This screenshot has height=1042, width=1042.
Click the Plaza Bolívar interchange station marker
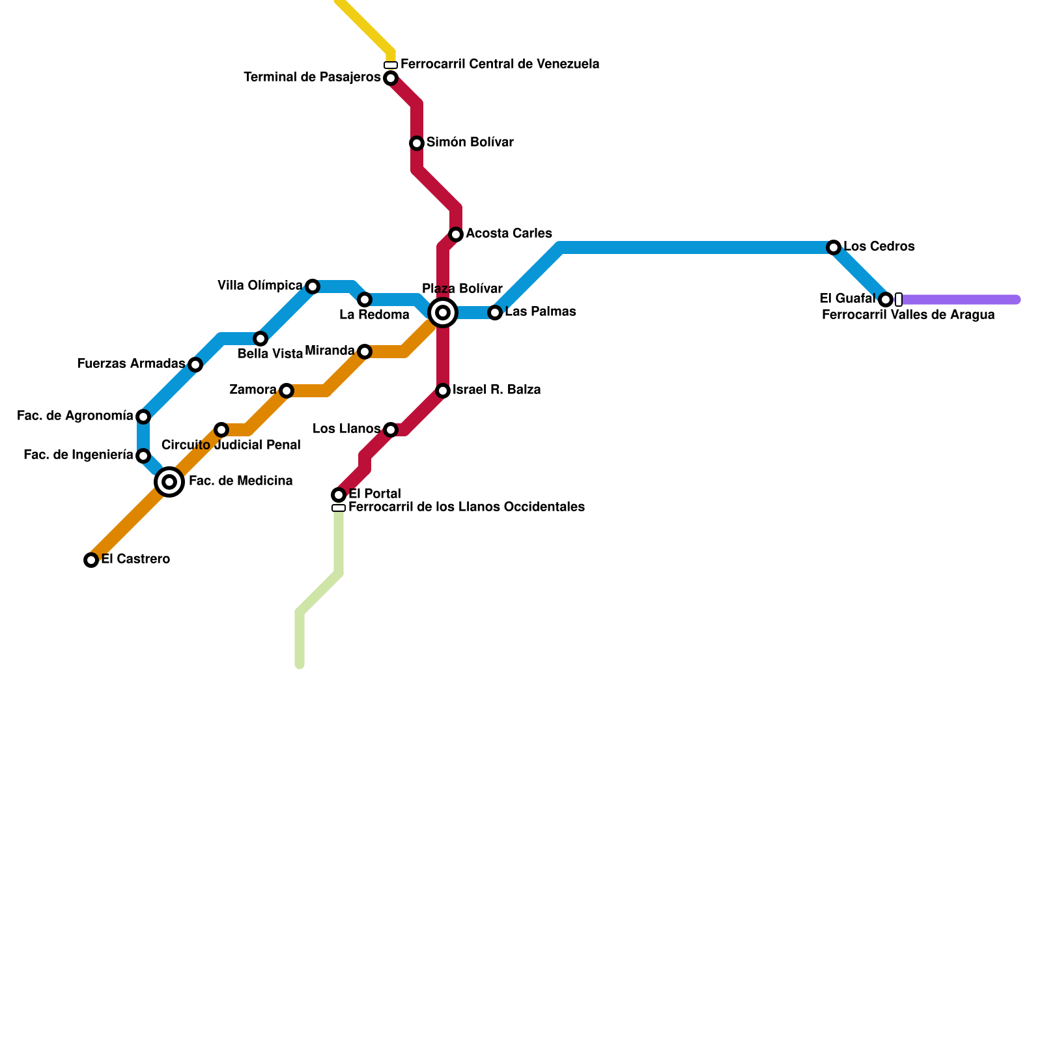click(x=443, y=313)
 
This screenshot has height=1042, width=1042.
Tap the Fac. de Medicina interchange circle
click(x=169, y=482)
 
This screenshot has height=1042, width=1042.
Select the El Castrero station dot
click(x=91, y=560)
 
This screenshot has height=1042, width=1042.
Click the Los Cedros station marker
click(x=834, y=247)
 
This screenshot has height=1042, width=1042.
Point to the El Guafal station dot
click(x=885, y=300)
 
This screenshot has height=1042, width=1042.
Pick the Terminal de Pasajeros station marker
click(x=391, y=78)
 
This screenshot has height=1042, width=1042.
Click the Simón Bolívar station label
click(x=470, y=143)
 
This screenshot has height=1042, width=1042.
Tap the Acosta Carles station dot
click(x=456, y=234)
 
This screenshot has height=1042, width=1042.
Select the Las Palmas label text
click(x=540, y=312)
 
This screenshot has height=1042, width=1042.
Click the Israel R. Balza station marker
click(x=443, y=391)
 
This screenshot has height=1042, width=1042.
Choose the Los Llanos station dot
click(x=391, y=430)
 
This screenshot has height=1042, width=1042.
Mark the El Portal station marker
click(x=339, y=495)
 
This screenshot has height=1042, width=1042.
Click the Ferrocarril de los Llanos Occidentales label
click(x=466, y=507)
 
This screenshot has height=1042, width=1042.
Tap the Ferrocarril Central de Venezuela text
click(x=500, y=64)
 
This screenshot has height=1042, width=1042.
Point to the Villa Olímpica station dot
click(x=313, y=287)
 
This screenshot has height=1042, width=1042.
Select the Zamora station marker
click(x=287, y=391)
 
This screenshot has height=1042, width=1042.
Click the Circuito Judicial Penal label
click(x=231, y=445)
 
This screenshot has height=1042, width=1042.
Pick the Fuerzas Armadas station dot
click(x=195, y=365)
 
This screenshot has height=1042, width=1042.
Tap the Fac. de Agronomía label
click(x=75, y=416)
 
